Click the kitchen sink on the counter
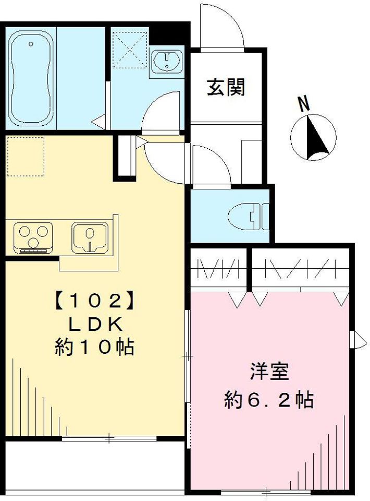[90, 238]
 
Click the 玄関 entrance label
[226, 87]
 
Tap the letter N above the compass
[304, 104]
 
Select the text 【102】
[92, 301]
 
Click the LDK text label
[95, 324]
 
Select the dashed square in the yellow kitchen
[26, 156]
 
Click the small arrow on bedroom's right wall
[359, 339]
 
